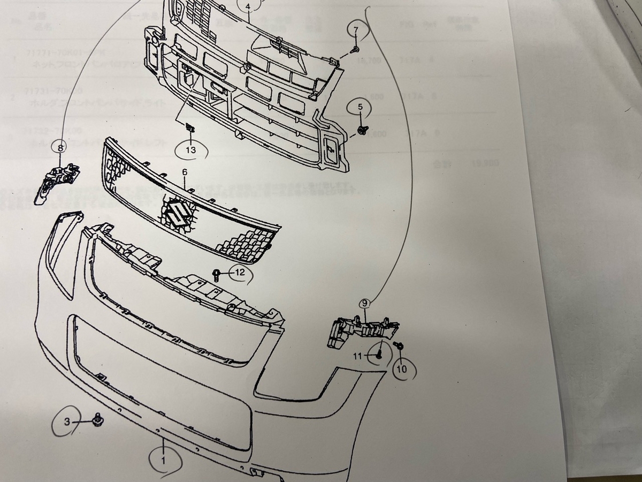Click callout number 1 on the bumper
pyautogui.click(x=164, y=458)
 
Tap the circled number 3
pyautogui.click(x=67, y=422)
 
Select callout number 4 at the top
pyautogui.click(x=248, y=6)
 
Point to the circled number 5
pyautogui.click(x=360, y=107)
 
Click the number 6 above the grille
pyautogui.click(x=185, y=172)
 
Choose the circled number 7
pyautogui.click(x=355, y=29)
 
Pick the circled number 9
pyautogui.click(x=365, y=304)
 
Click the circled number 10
pyautogui.click(x=402, y=368)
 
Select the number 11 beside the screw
pyautogui.click(x=357, y=356)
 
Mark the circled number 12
pyautogui.click(x=240, y=273)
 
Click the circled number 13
pyautogui.click(x=191, y=150)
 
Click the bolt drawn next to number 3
pyautogui.click(x=97, y=419)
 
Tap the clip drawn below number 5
pyautogui.click(x=362, y=129)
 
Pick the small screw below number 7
pyautogui.click(x=354, y=49)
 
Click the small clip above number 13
pyautogui.click(x=190, y=127)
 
